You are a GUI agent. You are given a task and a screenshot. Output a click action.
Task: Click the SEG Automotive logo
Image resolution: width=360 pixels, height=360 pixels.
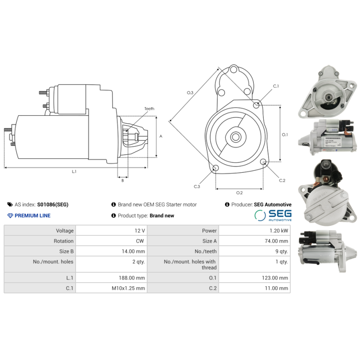point(273,215)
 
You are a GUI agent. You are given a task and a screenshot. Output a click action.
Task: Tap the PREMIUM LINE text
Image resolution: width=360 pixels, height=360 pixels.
point(32,216)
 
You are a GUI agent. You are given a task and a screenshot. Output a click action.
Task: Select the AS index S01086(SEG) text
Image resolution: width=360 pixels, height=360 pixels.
point(53,204)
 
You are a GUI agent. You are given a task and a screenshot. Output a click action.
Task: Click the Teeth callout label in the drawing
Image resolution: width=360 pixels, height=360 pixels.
point(149,109)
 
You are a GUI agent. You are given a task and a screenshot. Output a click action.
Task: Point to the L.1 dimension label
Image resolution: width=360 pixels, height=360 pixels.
point(74,171)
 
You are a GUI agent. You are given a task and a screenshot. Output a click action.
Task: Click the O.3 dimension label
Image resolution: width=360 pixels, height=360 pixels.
point(190,93)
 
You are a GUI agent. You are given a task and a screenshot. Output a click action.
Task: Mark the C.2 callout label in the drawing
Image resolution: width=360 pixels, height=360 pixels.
point(282,180)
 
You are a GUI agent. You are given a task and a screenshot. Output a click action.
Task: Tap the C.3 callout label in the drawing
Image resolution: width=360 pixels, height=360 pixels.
point(197,186)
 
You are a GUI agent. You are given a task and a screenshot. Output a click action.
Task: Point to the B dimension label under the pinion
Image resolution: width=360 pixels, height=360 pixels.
point(122,180)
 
